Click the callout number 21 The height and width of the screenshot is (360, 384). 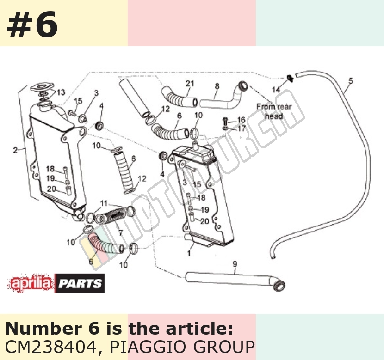click(x=190, y=83)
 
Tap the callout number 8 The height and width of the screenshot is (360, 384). click(x=217, y=86)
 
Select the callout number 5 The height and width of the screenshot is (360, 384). click(x=351, y=81)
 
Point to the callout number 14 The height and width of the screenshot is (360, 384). click(x=276, y=90)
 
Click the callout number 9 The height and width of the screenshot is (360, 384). click(x=235, y=264)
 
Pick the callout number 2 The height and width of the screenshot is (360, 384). click(x=15, y=150)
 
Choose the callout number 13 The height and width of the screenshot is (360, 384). click(x=61, y=92)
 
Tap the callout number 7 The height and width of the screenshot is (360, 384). click(x=120, y=232)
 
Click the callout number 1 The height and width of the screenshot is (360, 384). click(x=189, y=253)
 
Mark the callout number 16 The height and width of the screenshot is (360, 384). click(x=241, y=120)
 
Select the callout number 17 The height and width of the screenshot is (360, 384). click(x=242, y=128)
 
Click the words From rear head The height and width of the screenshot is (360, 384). click(x=274, y=111)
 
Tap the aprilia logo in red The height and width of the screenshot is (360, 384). click(x=31, y=283)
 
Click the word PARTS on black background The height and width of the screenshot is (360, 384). click(x=80, y=283)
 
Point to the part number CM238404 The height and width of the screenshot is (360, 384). click(x=51, y=347)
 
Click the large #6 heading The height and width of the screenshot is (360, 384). click(x=32, y=24)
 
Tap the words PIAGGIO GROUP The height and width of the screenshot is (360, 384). click(x=182, y=347)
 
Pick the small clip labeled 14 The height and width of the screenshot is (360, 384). click(x=290, y=78)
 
